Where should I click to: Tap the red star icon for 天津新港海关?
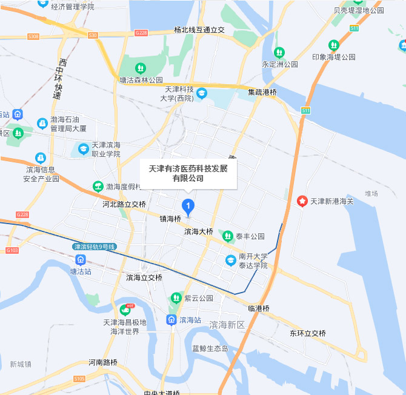click(302, 201)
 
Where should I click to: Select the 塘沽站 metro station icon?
click(80, 260)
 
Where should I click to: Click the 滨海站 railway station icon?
click(171, 319)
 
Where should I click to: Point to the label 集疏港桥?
click(262, 93)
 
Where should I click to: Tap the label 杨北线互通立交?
click(199, 30)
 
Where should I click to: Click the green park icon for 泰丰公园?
click(228, 236)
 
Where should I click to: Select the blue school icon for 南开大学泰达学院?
click(230, 261)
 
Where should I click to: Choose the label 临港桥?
click(259, 308)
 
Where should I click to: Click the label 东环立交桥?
click(307, 334)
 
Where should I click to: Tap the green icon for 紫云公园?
click(176, 297)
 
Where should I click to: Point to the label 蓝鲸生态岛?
click(210, 348)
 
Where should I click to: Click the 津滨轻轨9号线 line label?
click(94, 247)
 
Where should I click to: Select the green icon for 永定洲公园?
click(279, 53)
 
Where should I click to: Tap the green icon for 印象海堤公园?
click(333, 45)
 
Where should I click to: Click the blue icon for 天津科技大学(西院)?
click(201, 93)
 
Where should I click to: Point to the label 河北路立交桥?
click(124, 204)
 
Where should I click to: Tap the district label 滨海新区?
click(227, 325)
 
